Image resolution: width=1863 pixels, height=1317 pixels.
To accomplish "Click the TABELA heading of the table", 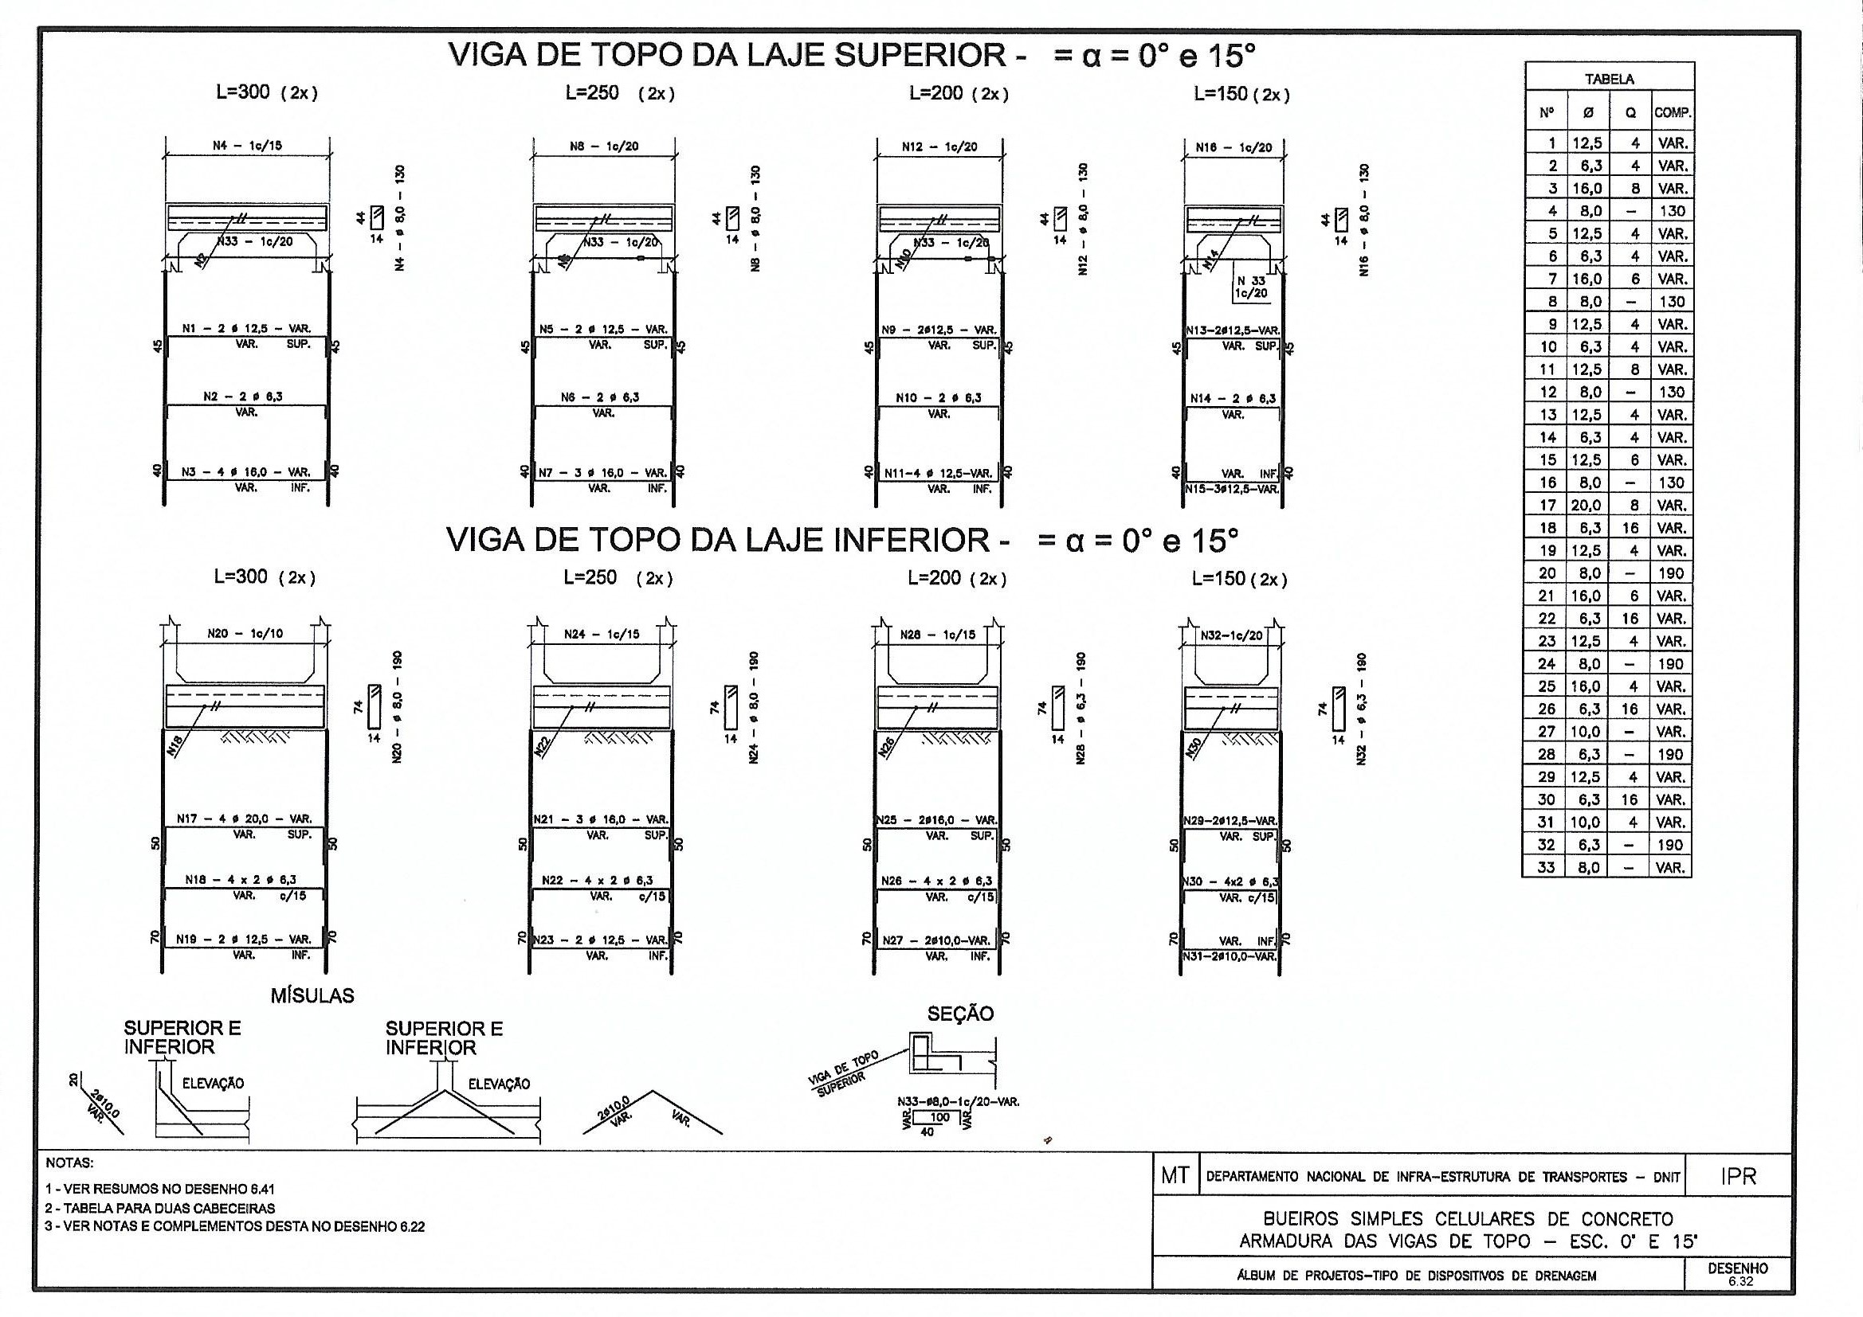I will (1609, 80).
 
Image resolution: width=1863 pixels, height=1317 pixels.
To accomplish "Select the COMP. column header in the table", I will (1673, 114).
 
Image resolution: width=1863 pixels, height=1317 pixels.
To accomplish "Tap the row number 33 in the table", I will (1547, 867).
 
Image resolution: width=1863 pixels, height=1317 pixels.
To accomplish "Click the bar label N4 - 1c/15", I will (248, 146).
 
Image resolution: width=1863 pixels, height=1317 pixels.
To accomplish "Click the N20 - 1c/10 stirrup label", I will (245, 633).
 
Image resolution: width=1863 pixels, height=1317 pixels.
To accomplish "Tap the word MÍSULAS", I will (312, 996).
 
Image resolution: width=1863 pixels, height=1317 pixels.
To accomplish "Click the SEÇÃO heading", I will (960, 1014).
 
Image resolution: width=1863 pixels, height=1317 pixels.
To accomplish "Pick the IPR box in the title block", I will (1738, 1176).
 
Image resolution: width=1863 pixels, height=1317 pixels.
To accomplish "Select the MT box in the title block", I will (1175, 1176).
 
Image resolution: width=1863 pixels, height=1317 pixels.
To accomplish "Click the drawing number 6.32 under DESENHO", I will (1739, 1282).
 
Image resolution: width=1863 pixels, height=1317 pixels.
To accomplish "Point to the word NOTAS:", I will (70, 1163).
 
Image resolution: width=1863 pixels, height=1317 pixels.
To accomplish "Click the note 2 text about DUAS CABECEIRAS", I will (160, 1208).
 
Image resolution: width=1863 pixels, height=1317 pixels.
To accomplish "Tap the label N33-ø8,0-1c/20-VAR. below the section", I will (959, 1102).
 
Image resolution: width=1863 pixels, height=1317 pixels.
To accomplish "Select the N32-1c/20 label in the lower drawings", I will (1232, 635).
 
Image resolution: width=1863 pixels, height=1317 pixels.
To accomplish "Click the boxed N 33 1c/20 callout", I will (1250, 287).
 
